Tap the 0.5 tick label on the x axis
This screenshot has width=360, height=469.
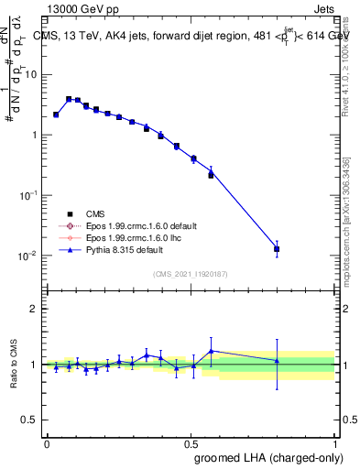coord(191,442)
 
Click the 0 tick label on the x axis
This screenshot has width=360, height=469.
coord(47,442)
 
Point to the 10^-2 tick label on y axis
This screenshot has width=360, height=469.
coord(30,255)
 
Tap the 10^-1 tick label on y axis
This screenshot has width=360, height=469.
coord(30,194)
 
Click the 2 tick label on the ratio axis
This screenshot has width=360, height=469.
coord(35,309)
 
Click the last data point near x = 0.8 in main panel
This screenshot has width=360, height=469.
coord(277,248)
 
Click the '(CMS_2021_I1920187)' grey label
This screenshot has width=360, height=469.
coord(191,274)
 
